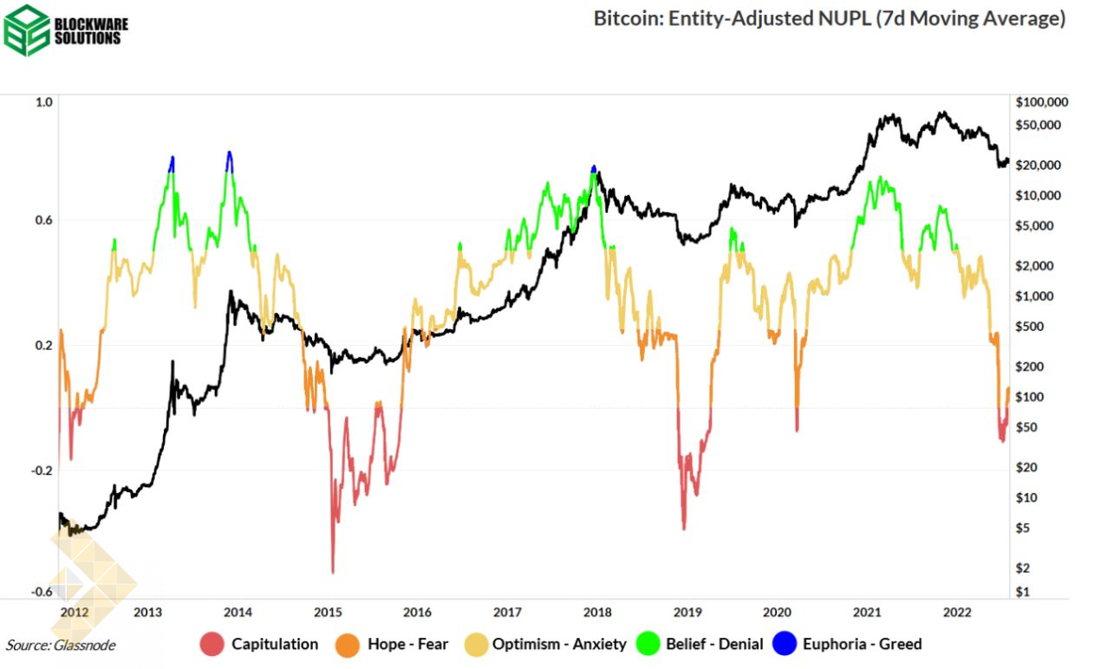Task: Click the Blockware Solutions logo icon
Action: pos(27,29)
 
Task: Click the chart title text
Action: pos(829,18)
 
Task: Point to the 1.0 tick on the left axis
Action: pos(44,102)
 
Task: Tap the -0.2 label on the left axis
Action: pos(42,471)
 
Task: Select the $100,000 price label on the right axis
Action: pos(1040,102)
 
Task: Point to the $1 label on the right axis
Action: pos(1025,592)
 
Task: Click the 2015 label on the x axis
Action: pos(328,613)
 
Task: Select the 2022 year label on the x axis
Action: pos(957,613)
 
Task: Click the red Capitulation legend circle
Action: pos(212,644)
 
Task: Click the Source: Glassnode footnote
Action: pos(61,645)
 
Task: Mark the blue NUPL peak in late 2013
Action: pos(229,153)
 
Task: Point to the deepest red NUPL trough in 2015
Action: pos(333,572)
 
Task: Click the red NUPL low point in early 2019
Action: pos(684,528)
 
